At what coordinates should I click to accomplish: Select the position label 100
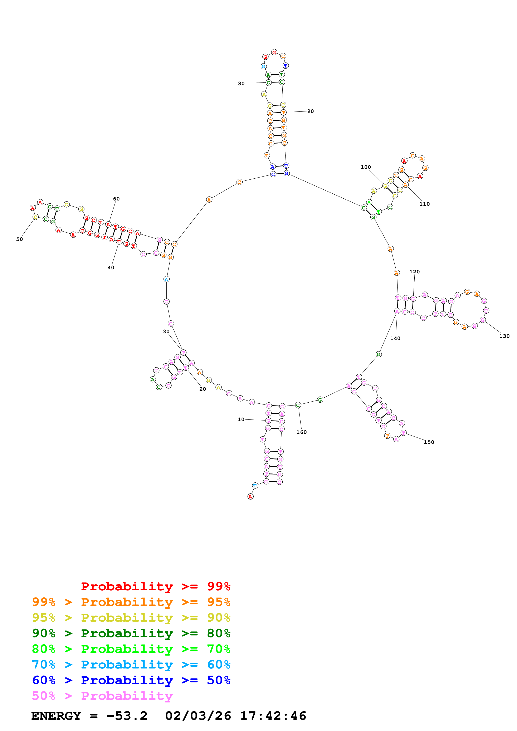pos(365,167)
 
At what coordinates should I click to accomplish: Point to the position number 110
pos(424,204)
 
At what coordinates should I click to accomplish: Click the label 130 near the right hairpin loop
pos(504,336)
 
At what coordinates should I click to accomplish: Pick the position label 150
pos(429,442)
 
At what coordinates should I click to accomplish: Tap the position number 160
pos(301,432)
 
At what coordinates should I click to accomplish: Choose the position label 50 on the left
pos(19,239)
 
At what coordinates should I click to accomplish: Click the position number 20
pos(203,389)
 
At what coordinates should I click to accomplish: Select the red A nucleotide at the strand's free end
pos(250,497)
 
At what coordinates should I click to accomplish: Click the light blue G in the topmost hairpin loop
pos(263,66)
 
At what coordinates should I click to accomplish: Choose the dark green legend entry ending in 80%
pos(131,633)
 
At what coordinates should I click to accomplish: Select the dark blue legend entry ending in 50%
pos(131,680)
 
